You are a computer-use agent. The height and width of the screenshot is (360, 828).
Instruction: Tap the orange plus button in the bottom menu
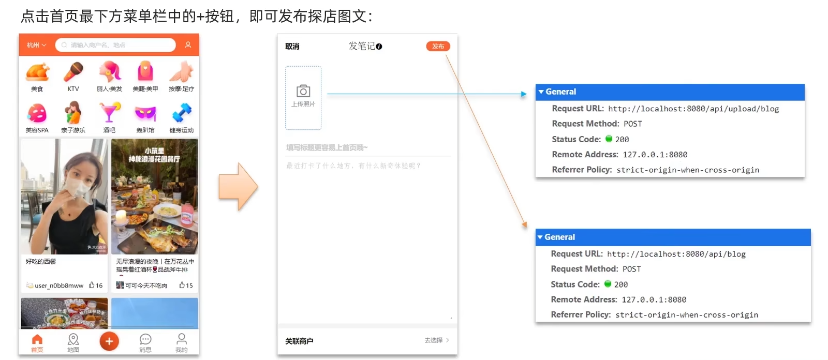[109, 341]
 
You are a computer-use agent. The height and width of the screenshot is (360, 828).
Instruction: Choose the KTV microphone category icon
[73, 72]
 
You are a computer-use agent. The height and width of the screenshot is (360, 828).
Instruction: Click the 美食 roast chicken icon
[37, 72]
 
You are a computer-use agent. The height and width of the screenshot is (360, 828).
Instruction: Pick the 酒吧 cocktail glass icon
[109, 113]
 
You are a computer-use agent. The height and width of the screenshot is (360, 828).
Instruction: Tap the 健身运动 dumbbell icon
[181, 113]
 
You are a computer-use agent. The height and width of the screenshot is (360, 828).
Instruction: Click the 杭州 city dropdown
[36, 45]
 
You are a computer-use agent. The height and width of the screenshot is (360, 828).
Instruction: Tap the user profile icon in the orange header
[188, 45]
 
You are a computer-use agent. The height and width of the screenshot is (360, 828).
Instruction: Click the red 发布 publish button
[438, 46]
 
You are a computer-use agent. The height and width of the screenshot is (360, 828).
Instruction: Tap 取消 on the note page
[292, 47]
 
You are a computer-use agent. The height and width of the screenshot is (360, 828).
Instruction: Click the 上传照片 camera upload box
[303, 97]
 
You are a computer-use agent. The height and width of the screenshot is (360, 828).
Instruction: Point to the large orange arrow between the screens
[238, 187]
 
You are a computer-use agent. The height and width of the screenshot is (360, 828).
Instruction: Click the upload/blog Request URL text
[693, 109]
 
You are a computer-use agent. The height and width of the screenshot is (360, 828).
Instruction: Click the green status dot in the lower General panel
[608, 283]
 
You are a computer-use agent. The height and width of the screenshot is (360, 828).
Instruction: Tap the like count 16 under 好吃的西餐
[96, 285]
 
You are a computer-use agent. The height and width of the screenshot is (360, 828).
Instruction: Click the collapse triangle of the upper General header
[541, 92]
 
